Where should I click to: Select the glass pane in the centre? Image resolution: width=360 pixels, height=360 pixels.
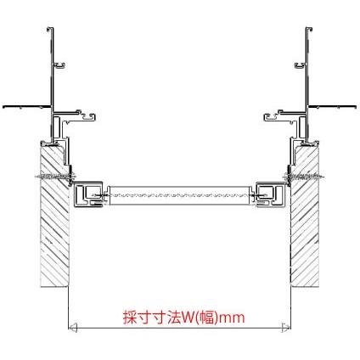[180, 194]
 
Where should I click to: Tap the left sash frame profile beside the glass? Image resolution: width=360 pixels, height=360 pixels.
[88, 194]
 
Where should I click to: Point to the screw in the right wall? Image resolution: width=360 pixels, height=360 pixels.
[310, 177]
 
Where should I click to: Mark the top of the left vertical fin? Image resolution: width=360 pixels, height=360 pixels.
[49, 31]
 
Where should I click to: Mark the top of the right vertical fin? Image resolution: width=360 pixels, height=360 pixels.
[309, 31]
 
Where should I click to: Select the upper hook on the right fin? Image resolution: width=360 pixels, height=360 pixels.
[299, 64]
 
